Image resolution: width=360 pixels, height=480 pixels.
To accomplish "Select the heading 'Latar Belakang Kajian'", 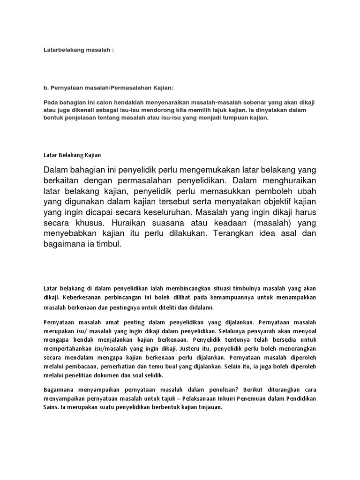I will tap(72, 154).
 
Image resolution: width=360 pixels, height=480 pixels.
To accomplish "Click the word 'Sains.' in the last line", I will tap(52, 407).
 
